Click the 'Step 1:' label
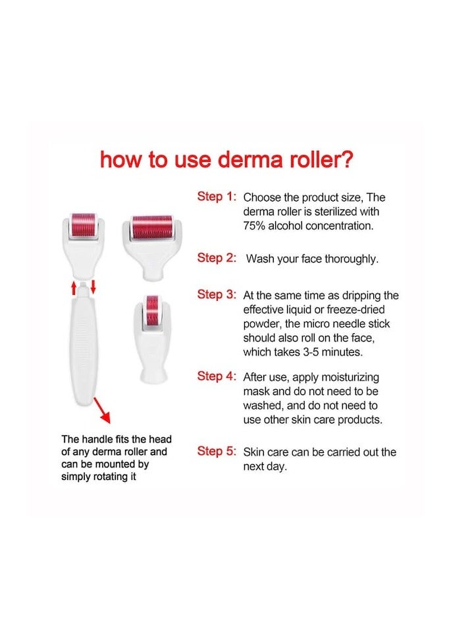217,196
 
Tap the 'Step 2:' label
217,258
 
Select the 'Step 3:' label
217,294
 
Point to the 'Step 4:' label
217,376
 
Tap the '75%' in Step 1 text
255,226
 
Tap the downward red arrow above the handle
93,286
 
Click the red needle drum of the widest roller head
151,227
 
